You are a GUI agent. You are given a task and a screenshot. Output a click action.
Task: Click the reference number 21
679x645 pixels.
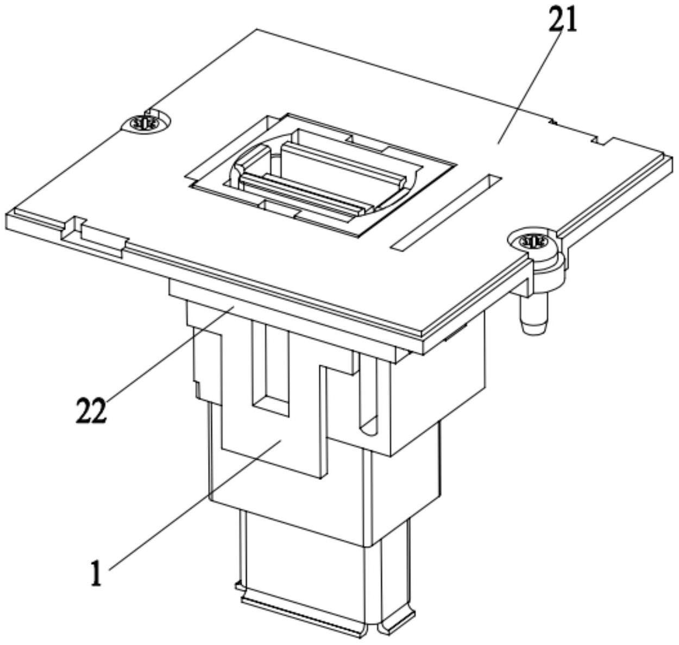pos(563,22)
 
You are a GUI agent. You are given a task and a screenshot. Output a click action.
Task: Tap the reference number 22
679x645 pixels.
pos(91,410)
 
